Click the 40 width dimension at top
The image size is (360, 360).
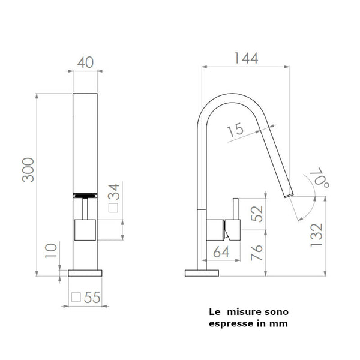pyautogui.click(x=85, y=62)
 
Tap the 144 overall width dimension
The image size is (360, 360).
pyautogui.click(x=246, y=58)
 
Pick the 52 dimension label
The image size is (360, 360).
pyautogui.click(x=257, y=213)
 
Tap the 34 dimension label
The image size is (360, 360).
pyautogui.click(x=114, y=192)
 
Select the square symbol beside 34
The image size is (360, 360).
pyautogui.click(x=113, y=209)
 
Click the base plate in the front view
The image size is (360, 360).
pyautogui.click(x=85, y=273)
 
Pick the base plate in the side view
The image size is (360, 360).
pyautogui.click(x=200, y=273)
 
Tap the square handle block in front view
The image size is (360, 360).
pyautogui.click(x=85, y=229)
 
